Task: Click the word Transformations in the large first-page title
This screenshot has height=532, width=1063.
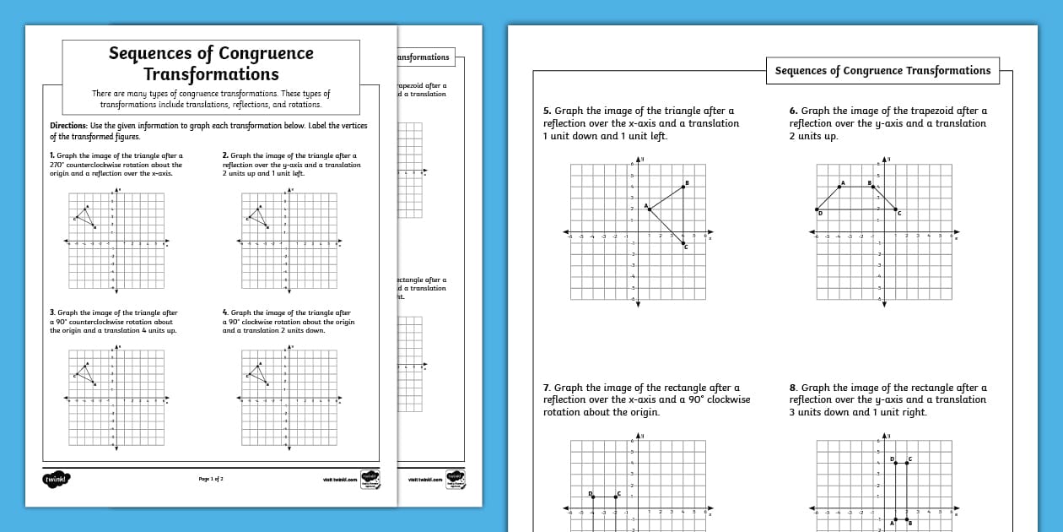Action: tap(211, 74)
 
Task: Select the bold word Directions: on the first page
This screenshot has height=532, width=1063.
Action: tap(69, 126)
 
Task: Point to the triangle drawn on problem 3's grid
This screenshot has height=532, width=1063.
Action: tap(84, 372)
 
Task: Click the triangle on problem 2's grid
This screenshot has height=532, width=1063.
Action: tap(258, 215)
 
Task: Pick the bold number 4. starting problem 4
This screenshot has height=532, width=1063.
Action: tap(225, 312)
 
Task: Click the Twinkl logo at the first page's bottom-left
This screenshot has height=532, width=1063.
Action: tap(57, 479)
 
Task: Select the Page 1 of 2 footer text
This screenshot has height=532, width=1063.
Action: tap(211, 479)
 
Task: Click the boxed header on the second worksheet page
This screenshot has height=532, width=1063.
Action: tap(882, 71)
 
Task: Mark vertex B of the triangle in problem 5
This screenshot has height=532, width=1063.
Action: tap(683, 187)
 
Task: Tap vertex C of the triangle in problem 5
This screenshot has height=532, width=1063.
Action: tap(683, 243)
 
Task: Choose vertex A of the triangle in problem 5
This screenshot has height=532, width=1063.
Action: tap(650, 209)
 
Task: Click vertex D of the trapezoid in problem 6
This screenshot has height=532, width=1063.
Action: tap(817, 209)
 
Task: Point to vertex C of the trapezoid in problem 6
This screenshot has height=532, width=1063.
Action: tap(896, 209)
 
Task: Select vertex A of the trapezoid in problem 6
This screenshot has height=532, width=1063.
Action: tap(839, 187)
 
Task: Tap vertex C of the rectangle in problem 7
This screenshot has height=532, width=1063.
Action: tap(616, 497)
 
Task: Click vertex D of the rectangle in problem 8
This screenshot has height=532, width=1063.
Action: tap(895, 463)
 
